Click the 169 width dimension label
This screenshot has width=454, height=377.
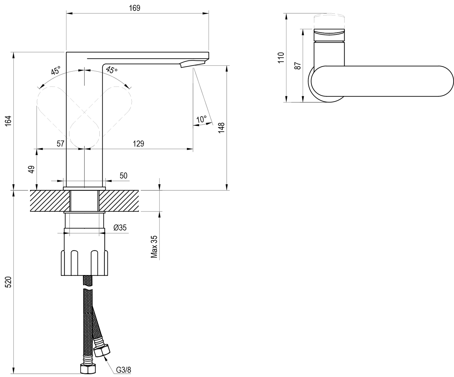pos(135,8)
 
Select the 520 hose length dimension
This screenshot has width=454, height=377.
pos(8,282)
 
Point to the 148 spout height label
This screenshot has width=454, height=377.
pos(221,128)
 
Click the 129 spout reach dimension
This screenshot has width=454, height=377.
pos(139,143)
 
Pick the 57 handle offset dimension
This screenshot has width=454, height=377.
pos(61,143)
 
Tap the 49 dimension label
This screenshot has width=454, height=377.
pos(32,169)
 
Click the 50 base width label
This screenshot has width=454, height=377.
pos(123,175)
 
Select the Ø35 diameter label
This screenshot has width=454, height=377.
pos(120,228)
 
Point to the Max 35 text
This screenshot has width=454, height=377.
pos(154,247)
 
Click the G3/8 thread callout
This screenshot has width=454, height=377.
pos(123,370)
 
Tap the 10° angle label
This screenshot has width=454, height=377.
pos(201,119)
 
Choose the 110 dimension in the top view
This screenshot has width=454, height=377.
pos(281,57)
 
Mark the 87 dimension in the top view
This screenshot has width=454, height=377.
pos(298,66)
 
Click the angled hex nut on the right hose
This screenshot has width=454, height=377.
pos(102,350)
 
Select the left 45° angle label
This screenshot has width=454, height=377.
pos(56,70)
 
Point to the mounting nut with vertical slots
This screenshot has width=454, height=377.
pos(84,263)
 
